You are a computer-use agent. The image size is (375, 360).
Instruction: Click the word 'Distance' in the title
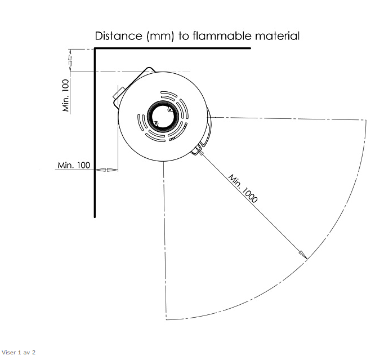119,36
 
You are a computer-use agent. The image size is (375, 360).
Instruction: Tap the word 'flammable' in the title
222,36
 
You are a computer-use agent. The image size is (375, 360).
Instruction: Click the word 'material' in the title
277,36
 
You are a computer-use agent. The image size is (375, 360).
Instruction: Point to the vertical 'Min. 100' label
65,95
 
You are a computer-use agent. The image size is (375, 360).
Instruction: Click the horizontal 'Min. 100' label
74,165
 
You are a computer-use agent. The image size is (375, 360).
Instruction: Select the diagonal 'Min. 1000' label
243,188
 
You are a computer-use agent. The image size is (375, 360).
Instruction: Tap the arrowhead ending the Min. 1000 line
303,255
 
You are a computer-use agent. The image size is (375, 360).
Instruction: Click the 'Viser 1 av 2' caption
19,352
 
